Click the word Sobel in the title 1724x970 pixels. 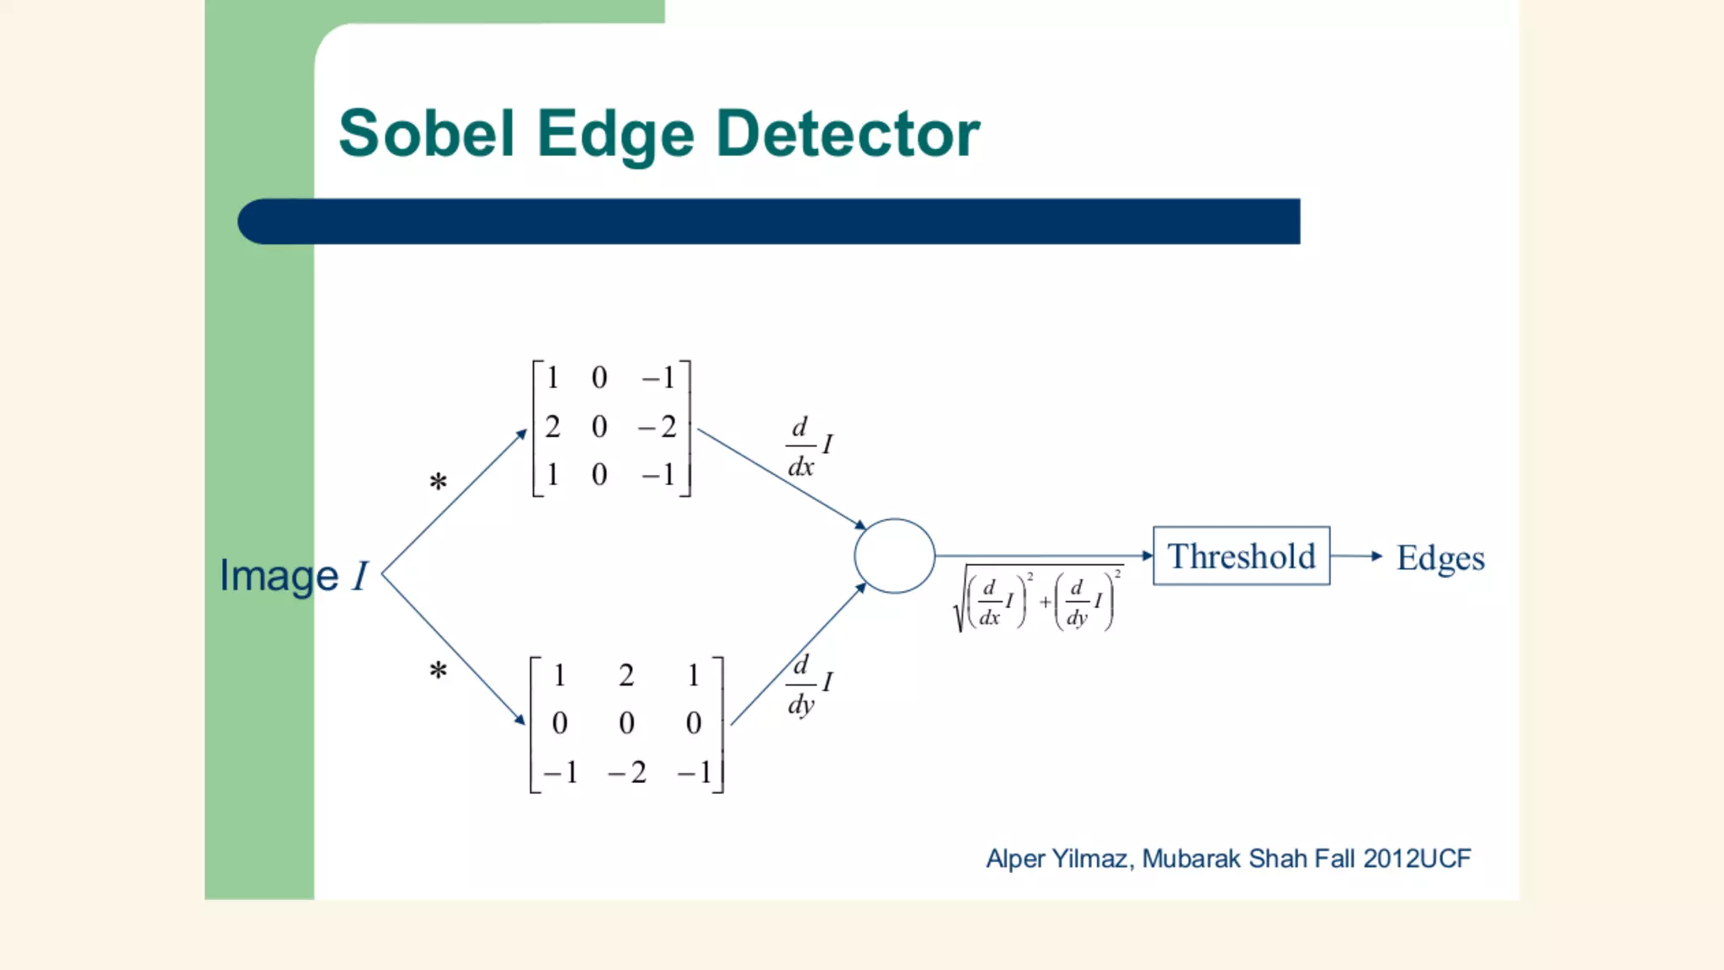click(426, 134)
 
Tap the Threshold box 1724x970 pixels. click(1241, 556)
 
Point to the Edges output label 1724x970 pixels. click(1440, 558)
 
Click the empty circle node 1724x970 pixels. click(894, 556)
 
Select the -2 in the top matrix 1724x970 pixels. click(657, 427)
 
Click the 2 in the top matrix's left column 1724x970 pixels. click(552, 427)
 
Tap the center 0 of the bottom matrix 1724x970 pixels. click(626, 723)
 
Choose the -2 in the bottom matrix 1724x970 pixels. click(627, 772)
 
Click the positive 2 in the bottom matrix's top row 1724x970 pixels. click(626, 675)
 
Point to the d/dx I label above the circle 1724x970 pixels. click(809, 446)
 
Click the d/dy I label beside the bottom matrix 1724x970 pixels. click(809, 684)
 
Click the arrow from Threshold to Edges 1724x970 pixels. click(1356, 556)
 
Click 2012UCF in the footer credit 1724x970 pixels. click(1417, 859)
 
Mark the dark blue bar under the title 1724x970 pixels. click(769, 221)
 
